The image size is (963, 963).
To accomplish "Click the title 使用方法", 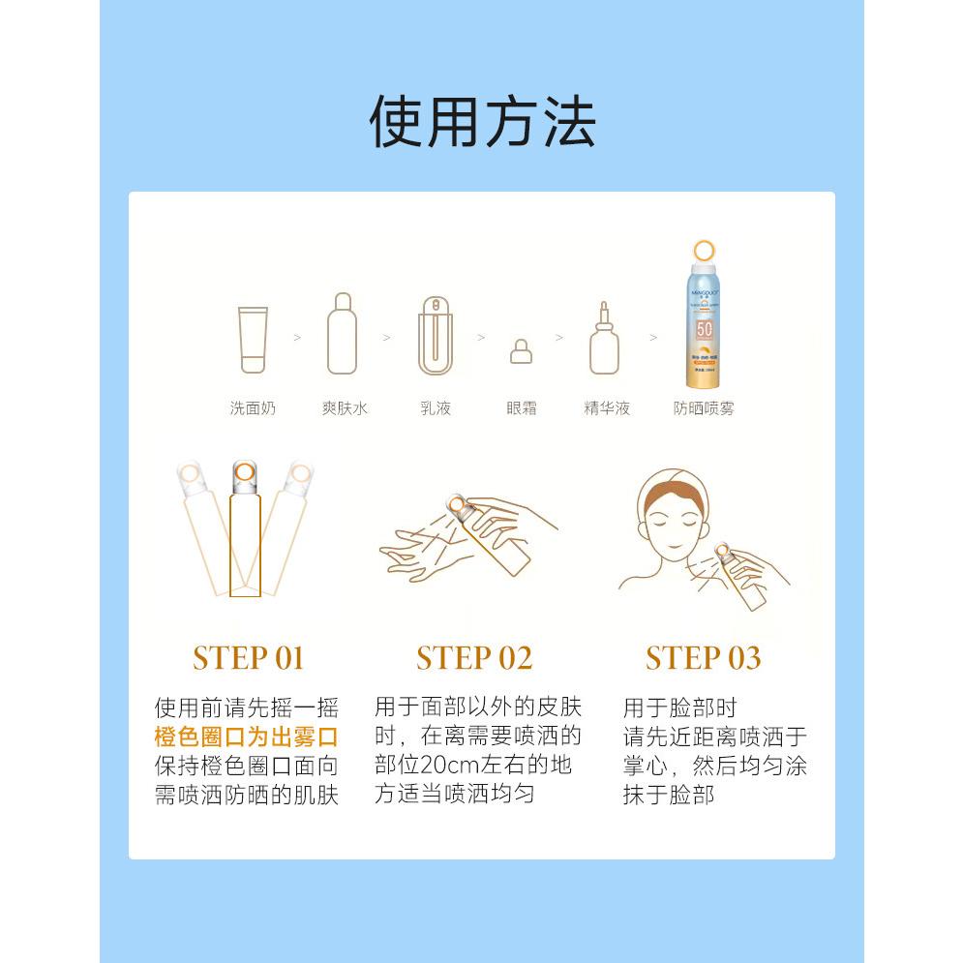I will pos(481,123).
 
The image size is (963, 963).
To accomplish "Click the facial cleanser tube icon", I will pos(253,340).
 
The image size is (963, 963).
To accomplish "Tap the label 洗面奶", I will pos(253,408).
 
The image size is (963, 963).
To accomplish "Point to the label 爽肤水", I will pos(345,408).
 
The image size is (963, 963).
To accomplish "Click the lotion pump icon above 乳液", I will pos(435,336).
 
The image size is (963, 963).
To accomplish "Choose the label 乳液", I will pos(435,408).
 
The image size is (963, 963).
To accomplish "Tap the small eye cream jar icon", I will pos(521,351).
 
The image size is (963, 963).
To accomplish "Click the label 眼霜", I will pos(521,408).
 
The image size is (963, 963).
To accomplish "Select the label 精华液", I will pos(607,408).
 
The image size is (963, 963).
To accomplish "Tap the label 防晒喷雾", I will pos(704,408).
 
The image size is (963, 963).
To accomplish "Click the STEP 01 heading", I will pos(248,658).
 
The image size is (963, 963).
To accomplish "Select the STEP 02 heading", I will pos(474,658).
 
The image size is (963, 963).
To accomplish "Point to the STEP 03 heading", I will pos(703,658).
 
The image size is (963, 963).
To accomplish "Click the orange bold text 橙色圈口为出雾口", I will pos(246,737).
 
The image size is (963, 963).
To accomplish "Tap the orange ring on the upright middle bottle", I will pos(245,472).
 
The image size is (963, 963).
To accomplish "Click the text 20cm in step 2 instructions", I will pos(441,765).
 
